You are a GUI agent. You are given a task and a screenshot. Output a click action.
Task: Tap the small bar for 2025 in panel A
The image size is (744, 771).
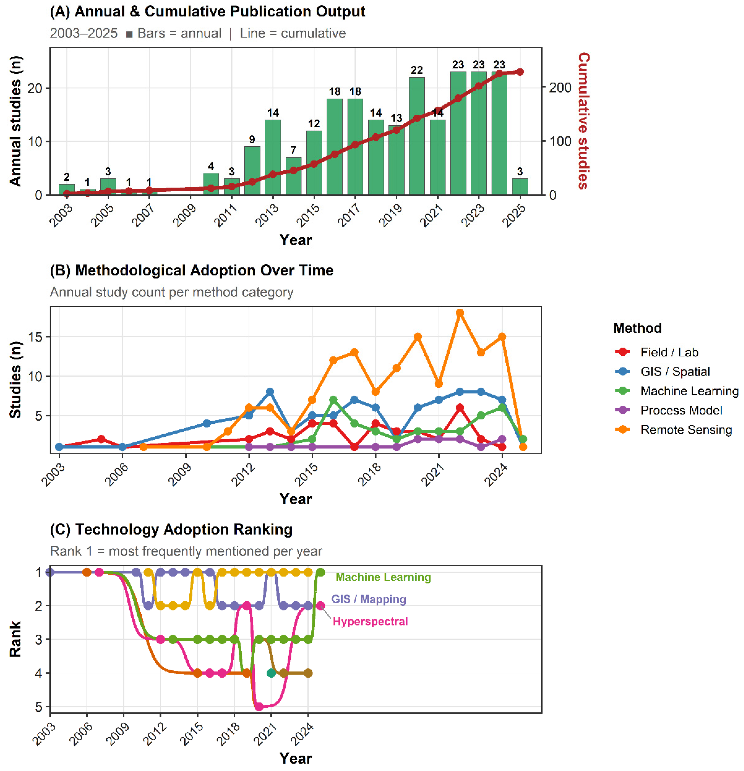click(520, 187)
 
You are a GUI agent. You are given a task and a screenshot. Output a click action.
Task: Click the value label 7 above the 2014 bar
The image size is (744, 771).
click(293, 150)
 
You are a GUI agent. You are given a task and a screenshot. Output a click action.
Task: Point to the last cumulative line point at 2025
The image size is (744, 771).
click(520, 72)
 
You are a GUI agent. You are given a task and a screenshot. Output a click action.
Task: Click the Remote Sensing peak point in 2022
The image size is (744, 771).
click(460, 313)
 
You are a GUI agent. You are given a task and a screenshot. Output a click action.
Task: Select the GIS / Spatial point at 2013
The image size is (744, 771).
click(270, 392)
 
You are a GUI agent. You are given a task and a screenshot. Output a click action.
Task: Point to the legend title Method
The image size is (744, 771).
click(637, 328)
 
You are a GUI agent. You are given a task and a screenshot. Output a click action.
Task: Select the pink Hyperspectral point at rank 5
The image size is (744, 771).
click(259, 707)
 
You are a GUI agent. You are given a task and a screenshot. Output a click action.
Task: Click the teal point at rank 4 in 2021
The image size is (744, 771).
click(271, 673)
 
